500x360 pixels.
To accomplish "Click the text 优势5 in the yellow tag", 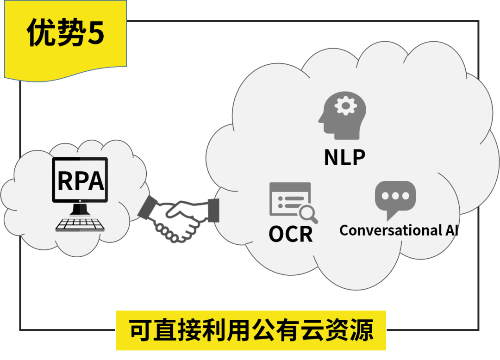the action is point(65,33).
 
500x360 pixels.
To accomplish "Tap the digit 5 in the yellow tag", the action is point(96,34).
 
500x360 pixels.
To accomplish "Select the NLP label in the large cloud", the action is point(344,157).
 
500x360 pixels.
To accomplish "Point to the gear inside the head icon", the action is point(345,107).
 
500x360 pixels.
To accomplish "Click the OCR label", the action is point(291,234).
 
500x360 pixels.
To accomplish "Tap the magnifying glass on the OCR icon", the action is point(307,214).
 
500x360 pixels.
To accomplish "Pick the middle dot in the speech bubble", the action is point(395,195).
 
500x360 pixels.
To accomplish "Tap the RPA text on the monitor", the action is point(80,181).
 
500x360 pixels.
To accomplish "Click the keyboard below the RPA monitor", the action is point(80,224).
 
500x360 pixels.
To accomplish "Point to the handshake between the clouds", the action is point(178,220).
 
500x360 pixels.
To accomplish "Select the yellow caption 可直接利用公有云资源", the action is point(250,330).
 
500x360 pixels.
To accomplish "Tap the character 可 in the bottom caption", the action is point(137,330).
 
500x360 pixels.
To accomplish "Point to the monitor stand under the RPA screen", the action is point(80,209).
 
